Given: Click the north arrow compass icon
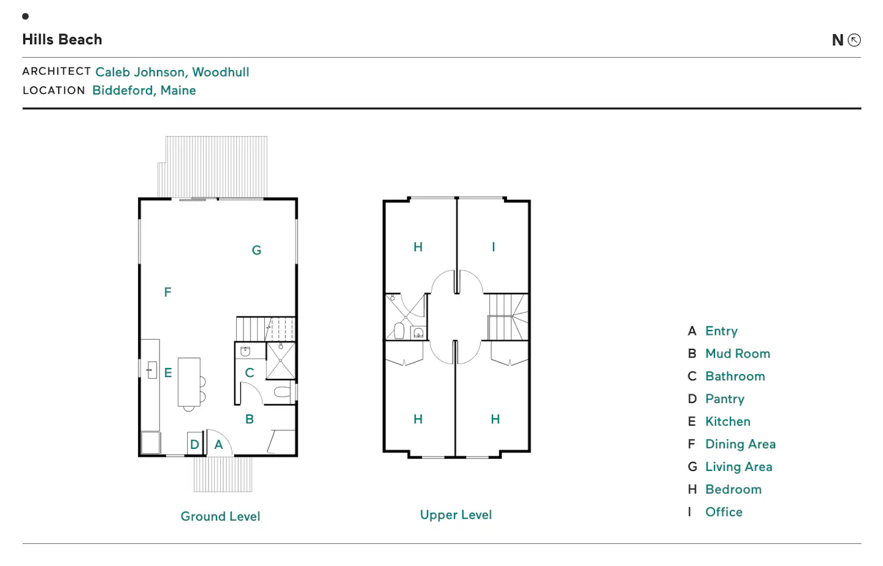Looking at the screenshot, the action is click(x=854, y=40).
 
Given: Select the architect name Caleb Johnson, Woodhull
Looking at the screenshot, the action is click(x=172, y=72).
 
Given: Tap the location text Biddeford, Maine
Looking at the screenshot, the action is click(x=144, y=90).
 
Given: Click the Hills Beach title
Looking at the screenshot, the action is click(x=63, y=39).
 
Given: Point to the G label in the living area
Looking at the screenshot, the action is click(x=256, y=250).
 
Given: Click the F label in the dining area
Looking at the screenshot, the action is click(x=167, y=292).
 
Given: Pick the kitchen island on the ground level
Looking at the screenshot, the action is click(x=189, y=382).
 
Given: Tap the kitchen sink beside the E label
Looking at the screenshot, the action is click(x=152, y=370).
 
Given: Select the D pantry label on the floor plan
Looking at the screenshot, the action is click(x=194, y=445).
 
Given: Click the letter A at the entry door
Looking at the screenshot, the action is click(x=218, y=445).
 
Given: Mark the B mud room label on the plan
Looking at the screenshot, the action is click(x=249, y=419).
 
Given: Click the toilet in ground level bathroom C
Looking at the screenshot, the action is click(x=283, y=392).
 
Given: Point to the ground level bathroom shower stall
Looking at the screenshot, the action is click(x=281, y=361).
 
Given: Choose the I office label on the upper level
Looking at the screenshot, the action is click(x=493, y=247).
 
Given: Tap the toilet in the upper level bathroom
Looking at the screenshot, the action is click(x=399, y=331).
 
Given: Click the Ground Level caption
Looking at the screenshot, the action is click(x=220, y=516).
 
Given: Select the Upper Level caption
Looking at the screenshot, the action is click(x=456, y=514).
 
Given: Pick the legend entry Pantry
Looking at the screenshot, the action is click(x=725, y=399).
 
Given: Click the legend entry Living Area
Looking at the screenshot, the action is click(x=739, y=467).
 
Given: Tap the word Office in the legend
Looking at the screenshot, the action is click(x=724, y=512).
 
